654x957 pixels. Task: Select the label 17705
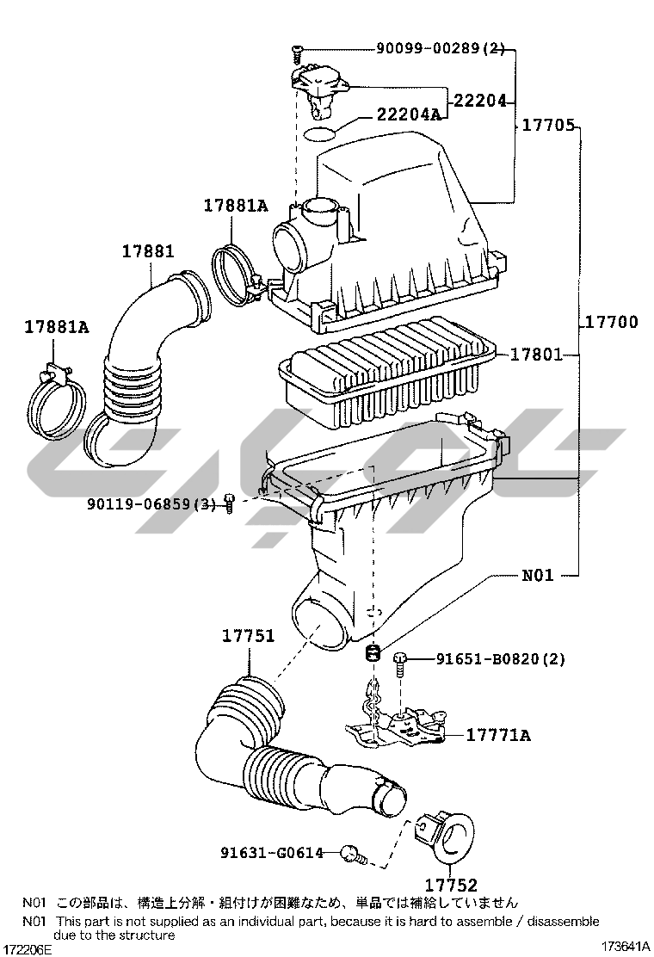click(548, 125)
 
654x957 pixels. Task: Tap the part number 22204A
click(408, 114)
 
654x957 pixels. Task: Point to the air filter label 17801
click(536, 354)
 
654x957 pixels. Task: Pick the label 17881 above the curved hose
click(148, 250)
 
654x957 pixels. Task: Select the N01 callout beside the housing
click(538, 574)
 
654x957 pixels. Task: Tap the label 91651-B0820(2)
click(500, 658)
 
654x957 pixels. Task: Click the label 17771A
click(498, 735)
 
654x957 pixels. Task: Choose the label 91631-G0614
click(272, 852)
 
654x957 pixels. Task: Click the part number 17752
click(450, 884)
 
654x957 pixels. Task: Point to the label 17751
click(248, 635)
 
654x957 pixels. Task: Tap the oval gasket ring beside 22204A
click(320, 134)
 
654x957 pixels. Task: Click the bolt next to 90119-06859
click(230, 503)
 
